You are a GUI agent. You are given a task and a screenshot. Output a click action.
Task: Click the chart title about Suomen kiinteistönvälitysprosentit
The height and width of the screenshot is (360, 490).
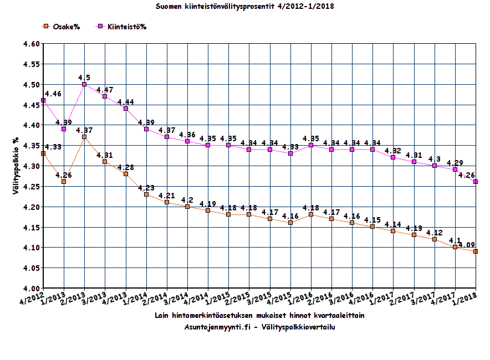click(244, 7)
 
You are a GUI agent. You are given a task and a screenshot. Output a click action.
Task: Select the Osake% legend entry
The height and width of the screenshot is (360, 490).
click(62, 27)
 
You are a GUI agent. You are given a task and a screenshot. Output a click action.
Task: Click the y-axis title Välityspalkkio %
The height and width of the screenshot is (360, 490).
click(17, 166)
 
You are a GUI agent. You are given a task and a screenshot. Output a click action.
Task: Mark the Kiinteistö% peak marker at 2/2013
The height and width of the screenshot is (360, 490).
click(84, 84)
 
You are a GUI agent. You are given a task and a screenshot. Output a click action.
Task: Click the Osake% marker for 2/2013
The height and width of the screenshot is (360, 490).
click(84, 137)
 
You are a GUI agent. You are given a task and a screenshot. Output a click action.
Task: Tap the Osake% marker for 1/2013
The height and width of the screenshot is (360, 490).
click(64, 182)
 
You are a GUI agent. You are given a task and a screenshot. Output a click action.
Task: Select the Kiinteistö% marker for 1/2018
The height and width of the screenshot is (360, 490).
click(476, 182)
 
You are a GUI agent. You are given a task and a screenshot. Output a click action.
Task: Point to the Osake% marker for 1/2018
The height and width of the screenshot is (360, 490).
click(476, 251)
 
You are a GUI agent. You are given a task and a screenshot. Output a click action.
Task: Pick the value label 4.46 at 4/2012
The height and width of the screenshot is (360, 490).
click(54, 94)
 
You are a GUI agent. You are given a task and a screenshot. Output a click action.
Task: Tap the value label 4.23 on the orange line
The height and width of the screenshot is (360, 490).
click(146, 188)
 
